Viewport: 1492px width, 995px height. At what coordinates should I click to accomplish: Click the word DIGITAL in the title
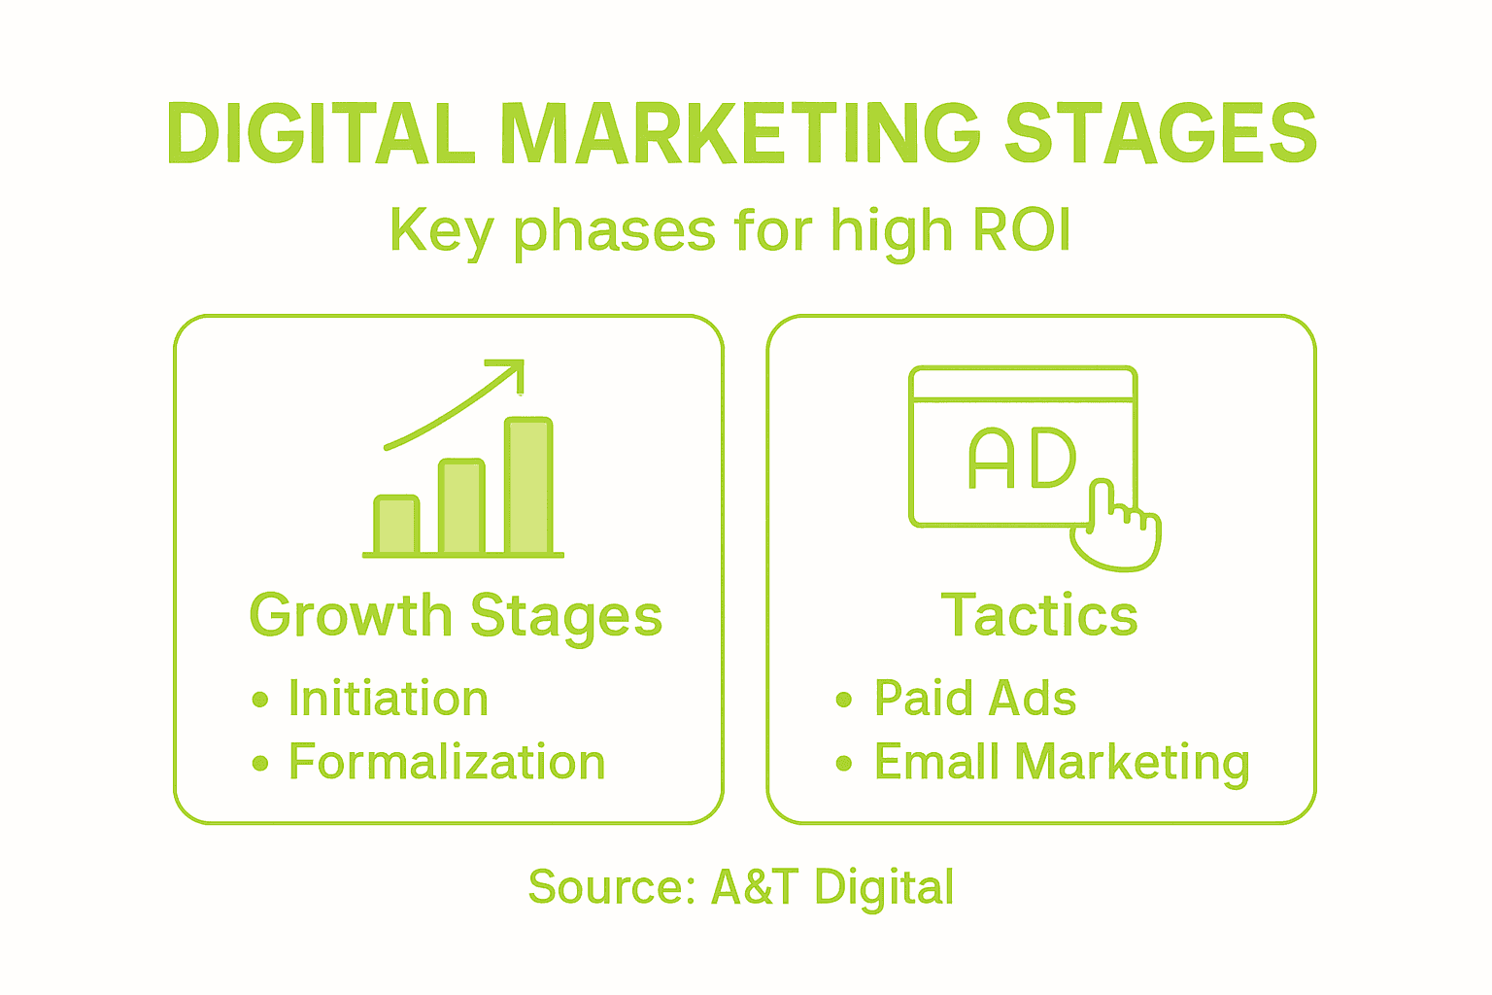click(321, 134)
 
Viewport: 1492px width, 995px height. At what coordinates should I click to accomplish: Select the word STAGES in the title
click(1160, 134)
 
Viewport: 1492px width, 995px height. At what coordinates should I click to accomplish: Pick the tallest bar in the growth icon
click(529, 486)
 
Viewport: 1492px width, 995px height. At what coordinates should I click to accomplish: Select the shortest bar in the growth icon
click(396, 526)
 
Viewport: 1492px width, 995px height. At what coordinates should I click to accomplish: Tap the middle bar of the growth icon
click(461, 506)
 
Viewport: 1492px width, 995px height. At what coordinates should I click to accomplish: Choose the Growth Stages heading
click(456, 616)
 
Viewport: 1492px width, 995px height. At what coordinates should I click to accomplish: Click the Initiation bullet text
click(389, 700)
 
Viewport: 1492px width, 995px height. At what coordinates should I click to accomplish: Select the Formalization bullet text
click(447, 762)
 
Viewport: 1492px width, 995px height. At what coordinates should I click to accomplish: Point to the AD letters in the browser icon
click(1022, 459)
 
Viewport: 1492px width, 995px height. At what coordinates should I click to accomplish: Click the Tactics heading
click(1039, 616)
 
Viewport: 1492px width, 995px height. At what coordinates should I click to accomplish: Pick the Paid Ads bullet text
click(975, 699)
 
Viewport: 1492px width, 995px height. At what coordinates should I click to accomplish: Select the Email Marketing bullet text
click(1062, 763)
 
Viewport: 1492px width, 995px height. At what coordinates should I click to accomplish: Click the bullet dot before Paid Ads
click(843, 700)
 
